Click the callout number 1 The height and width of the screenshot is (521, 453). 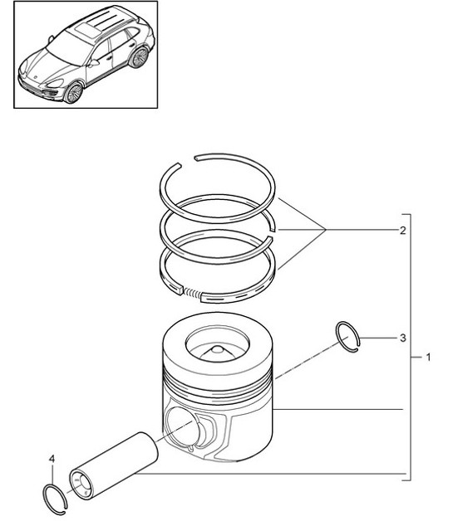[x=428, y=358]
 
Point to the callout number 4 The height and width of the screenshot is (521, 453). [x=52, y=458]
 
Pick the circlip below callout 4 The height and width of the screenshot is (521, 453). [x=54, y=495]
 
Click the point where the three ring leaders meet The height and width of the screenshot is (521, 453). [x=326, y=230]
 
